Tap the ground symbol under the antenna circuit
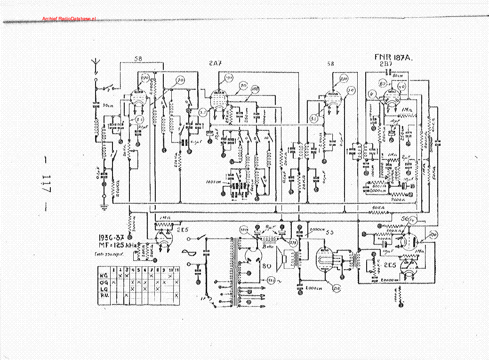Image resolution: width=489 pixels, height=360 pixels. (104, 206)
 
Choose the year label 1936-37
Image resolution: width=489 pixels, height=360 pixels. (112, 237)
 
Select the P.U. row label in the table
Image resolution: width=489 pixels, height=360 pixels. (103, 295)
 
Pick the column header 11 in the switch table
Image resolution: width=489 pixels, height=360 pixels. (176, 269)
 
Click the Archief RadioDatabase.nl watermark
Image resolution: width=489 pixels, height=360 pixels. (69, 18)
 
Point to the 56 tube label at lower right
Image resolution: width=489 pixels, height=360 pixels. (403, 219)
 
